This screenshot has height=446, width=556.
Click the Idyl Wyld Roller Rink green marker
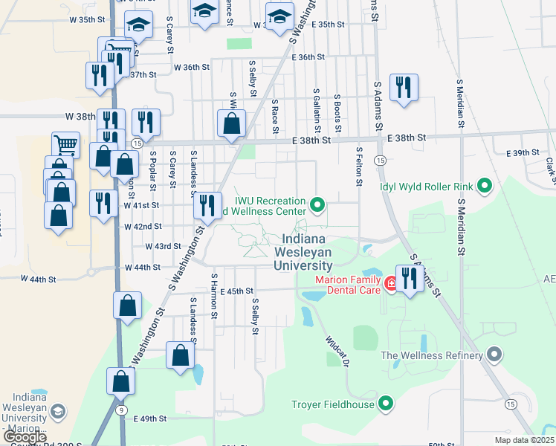(x=485, y=186)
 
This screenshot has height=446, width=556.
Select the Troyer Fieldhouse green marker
(x=385, y=404)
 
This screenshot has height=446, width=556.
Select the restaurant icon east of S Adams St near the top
(x=404, y=88)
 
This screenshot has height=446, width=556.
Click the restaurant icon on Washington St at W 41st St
(x=208, y=204)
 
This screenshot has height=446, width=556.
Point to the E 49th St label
(x=151, y=418)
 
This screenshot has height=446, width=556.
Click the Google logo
(x=25, y=437)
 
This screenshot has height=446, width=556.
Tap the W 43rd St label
(x=163, y=246)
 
